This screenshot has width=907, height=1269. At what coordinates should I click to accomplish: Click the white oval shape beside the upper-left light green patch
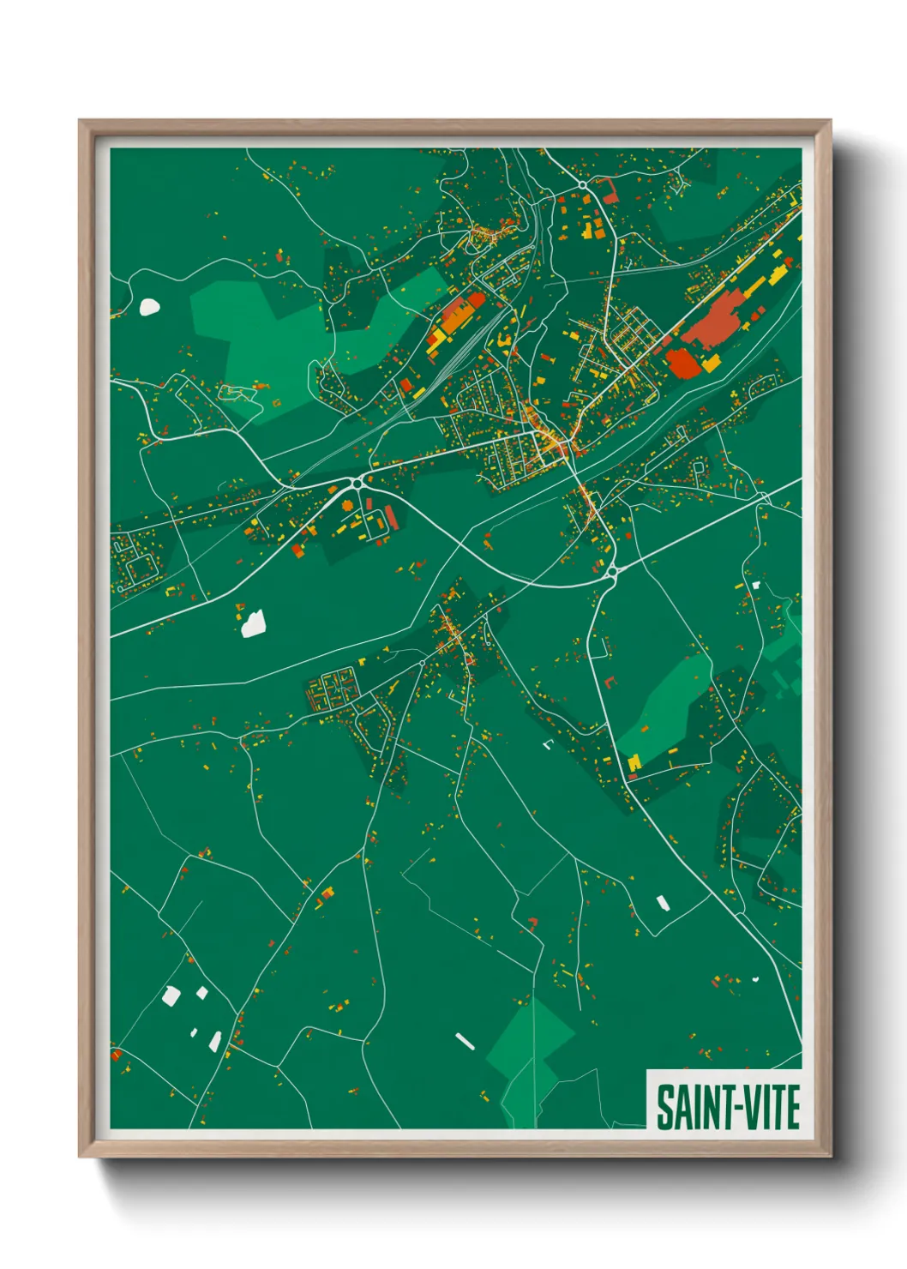(149, 306)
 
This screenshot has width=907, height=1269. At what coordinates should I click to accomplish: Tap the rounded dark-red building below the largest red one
(683, 363)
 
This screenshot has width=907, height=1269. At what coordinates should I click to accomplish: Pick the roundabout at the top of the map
(582, 185)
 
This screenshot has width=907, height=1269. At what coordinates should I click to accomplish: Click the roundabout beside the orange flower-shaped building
(356, 484)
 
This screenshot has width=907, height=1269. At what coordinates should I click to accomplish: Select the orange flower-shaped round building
(347, 506)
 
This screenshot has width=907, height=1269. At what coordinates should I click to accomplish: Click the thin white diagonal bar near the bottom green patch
(465, 1041)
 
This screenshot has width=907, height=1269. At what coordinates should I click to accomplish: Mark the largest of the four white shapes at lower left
(171, 995)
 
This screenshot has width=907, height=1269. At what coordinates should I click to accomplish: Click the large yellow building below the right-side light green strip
(634, 762)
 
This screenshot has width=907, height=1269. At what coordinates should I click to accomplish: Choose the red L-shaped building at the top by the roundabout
(609, 190)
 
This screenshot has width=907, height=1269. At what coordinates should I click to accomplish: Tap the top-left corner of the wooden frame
(81, 122)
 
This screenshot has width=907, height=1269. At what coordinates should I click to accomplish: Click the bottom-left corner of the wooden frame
(81, 1155)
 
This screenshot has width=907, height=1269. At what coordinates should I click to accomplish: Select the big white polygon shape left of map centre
(253, 623)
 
